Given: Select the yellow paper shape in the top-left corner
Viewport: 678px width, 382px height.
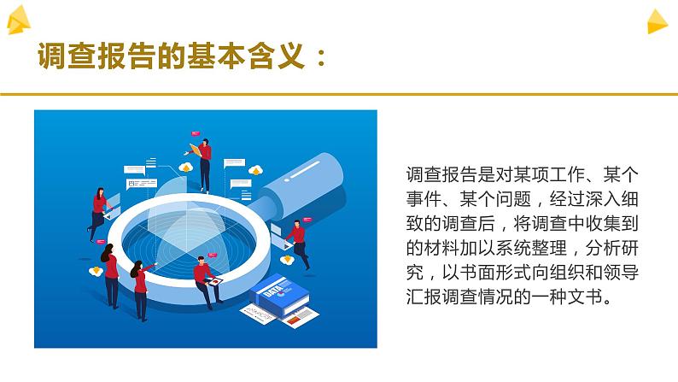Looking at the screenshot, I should [19, 21].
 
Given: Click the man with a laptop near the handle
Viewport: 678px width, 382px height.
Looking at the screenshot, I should [295, 240].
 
